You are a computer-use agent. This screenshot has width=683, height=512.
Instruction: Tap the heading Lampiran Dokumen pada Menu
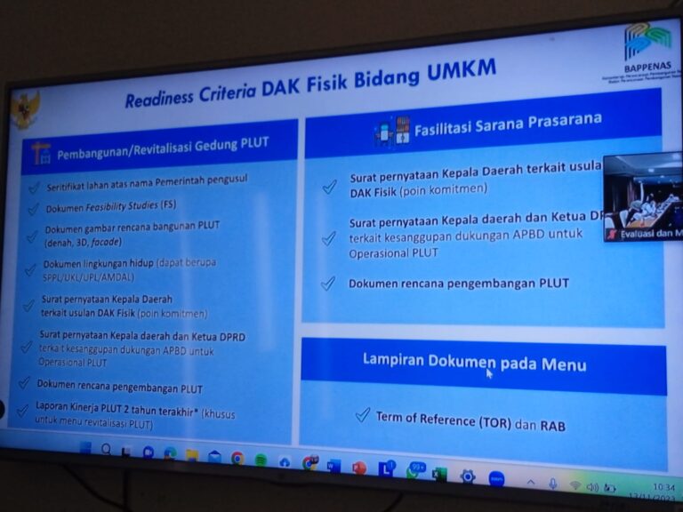[x=474, y=363]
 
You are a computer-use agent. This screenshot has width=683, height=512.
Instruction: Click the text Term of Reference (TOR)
[x=443, y=420]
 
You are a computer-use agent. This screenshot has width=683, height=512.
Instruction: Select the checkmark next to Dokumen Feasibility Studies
[x=33, y=209]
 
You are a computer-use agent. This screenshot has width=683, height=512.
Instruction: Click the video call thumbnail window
[x=642, y=196]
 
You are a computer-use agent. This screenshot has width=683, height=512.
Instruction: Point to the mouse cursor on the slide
[x=489, y=373]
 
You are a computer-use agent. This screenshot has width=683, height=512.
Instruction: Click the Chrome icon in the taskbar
[x=237, y=459]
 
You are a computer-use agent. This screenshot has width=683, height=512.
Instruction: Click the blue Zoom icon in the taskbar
[x=496, y=478]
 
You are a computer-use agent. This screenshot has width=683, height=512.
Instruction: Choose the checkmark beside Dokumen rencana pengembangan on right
[x=328, y=283]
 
